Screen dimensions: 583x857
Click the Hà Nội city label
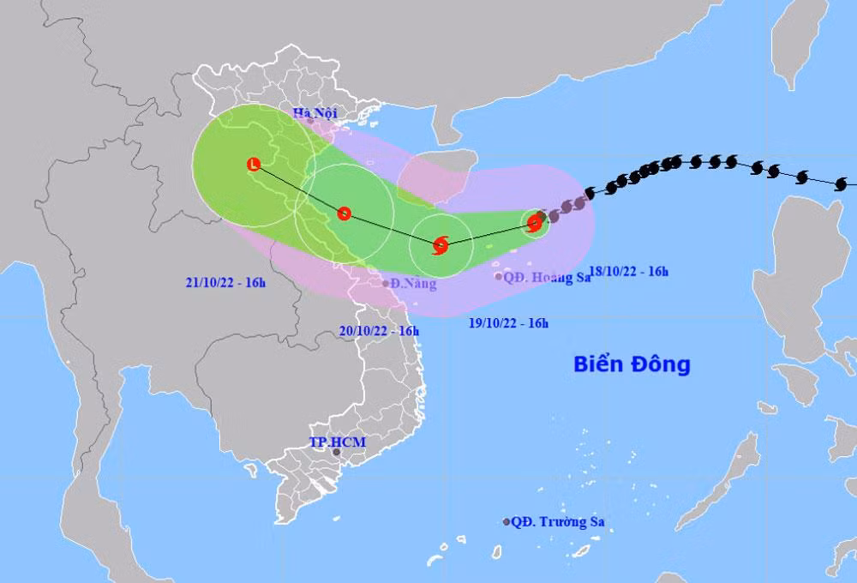[x=315, y=113]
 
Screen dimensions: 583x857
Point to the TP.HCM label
[x=325, y=442]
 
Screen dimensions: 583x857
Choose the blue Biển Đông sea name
[x=632, y=364]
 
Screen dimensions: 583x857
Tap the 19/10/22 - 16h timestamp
[x=510, y=323]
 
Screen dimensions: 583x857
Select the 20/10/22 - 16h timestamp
[x=380, y=330]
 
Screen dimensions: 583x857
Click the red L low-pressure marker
[x=253, y=164]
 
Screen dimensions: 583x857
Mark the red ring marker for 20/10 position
[x=344, y=213]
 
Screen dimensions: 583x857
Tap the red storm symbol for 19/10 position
[x=440, y=245]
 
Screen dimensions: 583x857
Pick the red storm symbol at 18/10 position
[x=536, y=223]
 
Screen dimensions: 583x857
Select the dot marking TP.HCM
[x=337, y=452]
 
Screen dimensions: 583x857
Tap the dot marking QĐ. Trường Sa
[x=507, y=521]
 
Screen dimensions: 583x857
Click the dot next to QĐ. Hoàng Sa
[x=498, y=276]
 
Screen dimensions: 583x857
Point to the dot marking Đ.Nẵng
[x=386, y=283]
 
